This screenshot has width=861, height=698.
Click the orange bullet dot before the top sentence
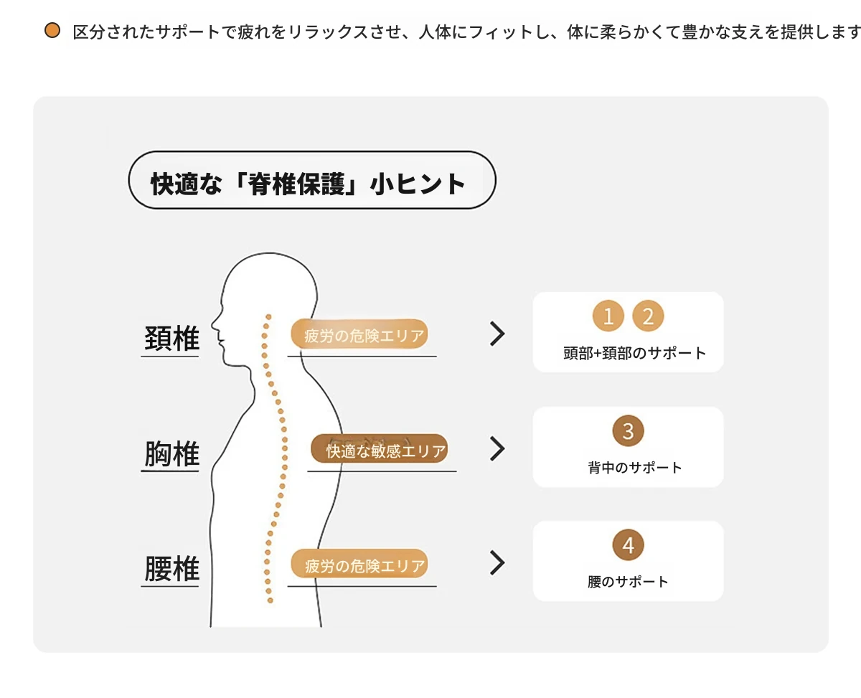(x=52, y=31)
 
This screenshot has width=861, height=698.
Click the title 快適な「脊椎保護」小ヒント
(x=308, y=184)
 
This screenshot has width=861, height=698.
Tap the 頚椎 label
(x=171, y=339)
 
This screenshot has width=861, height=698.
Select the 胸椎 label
(x=171, y=453)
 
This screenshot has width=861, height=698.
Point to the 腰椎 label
(x=171, y=568)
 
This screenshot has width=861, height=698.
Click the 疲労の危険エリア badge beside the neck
(x=359, y=334)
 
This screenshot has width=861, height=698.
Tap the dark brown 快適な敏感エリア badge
(x=379, y=449)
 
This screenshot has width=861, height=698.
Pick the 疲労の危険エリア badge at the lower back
(x=359, y=564)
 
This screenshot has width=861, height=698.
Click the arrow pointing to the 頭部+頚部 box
(x=497, y=334)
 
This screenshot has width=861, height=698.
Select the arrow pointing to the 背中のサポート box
(x=497, y=448)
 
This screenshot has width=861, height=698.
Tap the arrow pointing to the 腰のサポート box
(x=497, y=562)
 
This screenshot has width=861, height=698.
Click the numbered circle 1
(x=608, y=316)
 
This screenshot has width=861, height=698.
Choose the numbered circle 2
(x=648, y=316)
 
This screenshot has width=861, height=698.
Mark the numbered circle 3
(x=628, y=431)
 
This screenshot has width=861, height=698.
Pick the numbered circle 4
(x=628, y=545)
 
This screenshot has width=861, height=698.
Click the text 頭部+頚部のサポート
(x=635, y=353)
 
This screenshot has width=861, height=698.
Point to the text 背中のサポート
(x=635, y=468)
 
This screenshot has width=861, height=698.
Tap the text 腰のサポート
(x=628, y=582)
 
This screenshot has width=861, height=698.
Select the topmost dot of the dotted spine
(x=268, y=317)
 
